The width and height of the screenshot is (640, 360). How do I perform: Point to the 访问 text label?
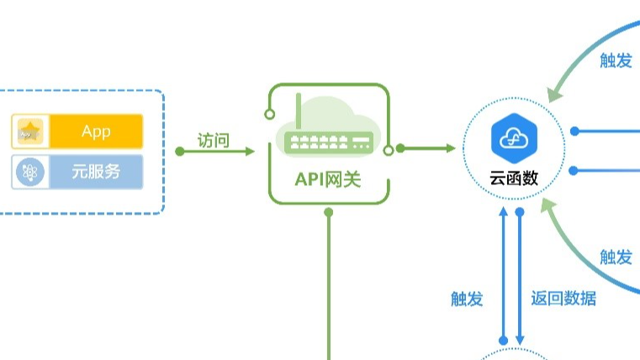[x=214, y=140]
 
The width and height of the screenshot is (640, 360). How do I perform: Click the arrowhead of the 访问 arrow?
[x=250, y=151]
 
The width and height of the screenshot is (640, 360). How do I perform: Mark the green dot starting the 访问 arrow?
[x=180, y=151]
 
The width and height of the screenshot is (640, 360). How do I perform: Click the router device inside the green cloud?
[x=329, y=142]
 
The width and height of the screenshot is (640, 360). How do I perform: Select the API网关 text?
[x=328, y=178]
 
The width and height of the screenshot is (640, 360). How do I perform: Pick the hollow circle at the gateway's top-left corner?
[x=269, y=113]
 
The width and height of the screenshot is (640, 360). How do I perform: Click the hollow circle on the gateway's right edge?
[x=388, y=150]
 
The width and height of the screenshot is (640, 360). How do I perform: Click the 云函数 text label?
[x=514, y=178]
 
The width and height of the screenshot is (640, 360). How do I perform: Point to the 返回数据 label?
[x=563, y=298]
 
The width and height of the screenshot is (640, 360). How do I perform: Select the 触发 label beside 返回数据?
[x=467, y=298]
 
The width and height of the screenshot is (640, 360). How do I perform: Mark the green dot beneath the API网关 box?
[x=329, y=212]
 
